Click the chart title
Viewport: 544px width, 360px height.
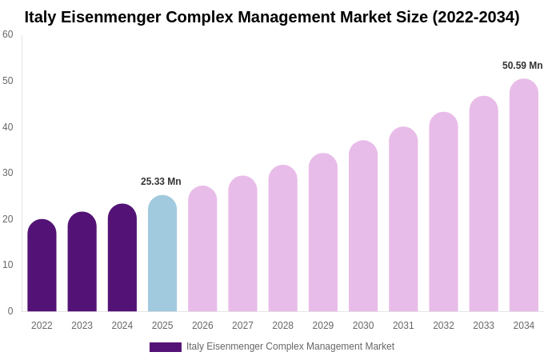(x=272, y=17)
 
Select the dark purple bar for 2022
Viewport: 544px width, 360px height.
(x=42, y=266)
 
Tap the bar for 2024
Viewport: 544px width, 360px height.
(x=122, y=258)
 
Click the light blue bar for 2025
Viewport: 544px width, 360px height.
(x=162, y=254)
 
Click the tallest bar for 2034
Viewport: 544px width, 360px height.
(x=523, y=195)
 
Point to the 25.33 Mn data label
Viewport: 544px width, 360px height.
(x=161, y=182)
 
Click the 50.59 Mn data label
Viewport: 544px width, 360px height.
(x=522, y=66)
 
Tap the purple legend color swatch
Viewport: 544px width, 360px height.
(x=165, y=347)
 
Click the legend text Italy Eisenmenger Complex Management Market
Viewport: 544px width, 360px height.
(x=290, y=346)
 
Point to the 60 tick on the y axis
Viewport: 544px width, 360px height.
(x=8, y=34)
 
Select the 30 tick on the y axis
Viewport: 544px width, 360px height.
(x=8, y=173)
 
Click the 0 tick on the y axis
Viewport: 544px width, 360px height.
(x=10, y=311)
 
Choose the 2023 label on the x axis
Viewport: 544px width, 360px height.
(x=82, y=326)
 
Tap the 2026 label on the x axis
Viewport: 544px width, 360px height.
(x=202, y=326)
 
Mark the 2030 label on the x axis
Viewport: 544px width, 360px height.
(x=363, y=326)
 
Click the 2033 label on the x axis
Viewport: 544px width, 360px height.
(x=483, y=326)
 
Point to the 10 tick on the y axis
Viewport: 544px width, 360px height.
(x=8, y=265)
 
